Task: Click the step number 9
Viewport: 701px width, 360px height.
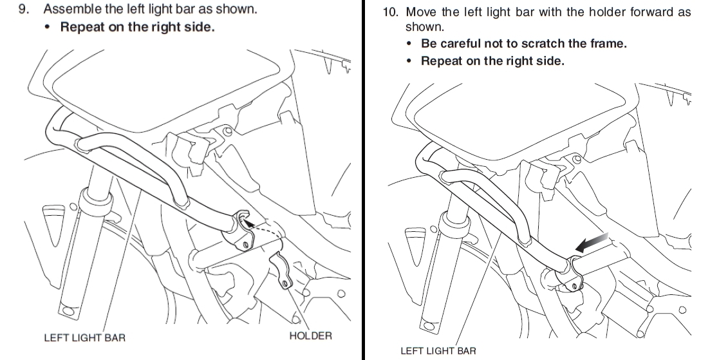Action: pos(24,10)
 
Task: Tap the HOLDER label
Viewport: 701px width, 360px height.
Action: pos(310,336)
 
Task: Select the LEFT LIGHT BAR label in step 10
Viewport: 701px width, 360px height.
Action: pos(438,351)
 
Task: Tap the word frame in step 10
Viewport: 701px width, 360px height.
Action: pos(608,44)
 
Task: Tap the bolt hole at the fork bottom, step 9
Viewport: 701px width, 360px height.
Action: pos(66,312)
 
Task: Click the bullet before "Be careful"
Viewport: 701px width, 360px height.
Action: pos(410,44)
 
